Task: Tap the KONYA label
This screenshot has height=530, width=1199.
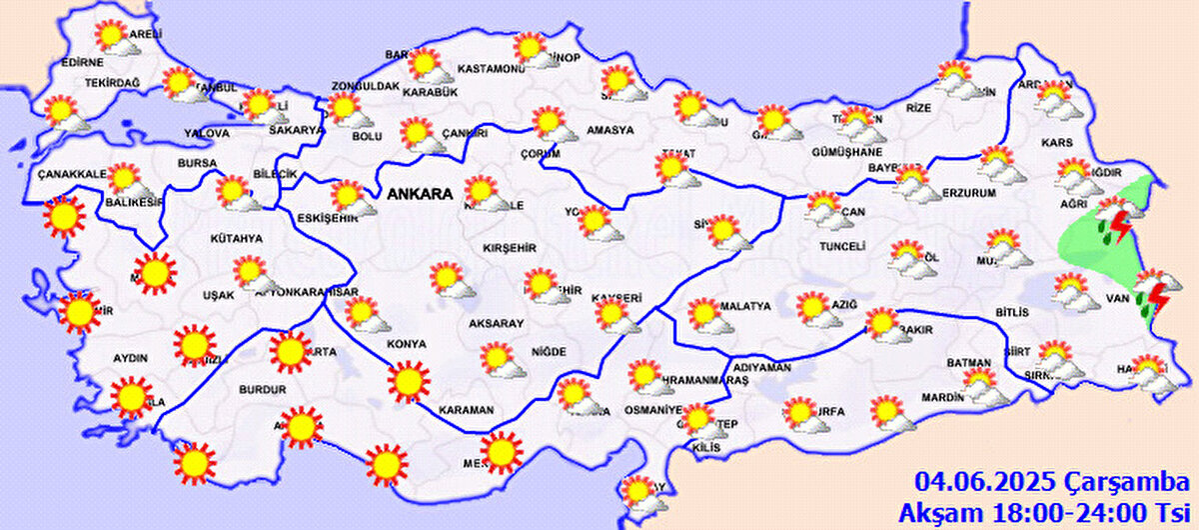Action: (x=406, y=344)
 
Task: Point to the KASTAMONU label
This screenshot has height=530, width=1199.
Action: (x=491, y=69)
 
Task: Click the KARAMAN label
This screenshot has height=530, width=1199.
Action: (x=466, y=410)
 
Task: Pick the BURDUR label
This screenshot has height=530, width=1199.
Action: (x=264, y=389)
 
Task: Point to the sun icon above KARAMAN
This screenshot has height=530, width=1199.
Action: (x=407, y=381)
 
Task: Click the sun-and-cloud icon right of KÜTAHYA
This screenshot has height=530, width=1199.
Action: (x=254, y=273)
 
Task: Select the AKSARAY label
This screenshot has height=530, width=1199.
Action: (x=498, y=325)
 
